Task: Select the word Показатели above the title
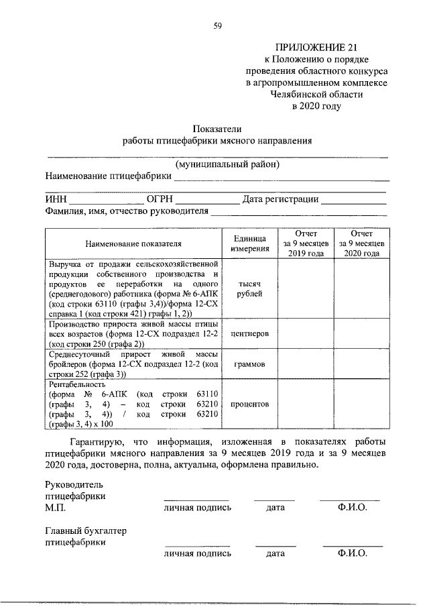coord(217,128)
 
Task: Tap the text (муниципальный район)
coord(227,164)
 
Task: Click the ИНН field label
coord(56,199)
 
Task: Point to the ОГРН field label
coord(160,199)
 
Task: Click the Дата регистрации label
coord(281,199)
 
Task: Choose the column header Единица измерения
coord(250,243)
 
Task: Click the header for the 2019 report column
coord(306,243)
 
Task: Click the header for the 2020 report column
coord(362,243)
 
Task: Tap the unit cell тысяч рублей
coord(250,289)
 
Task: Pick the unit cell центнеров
coord(250,333)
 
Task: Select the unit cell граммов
coord(250,364)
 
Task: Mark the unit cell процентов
coord(250,404)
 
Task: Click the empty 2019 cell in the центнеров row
coord(306,333)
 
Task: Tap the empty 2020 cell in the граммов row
coord(362,364)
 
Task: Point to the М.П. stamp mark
coord(54,508)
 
